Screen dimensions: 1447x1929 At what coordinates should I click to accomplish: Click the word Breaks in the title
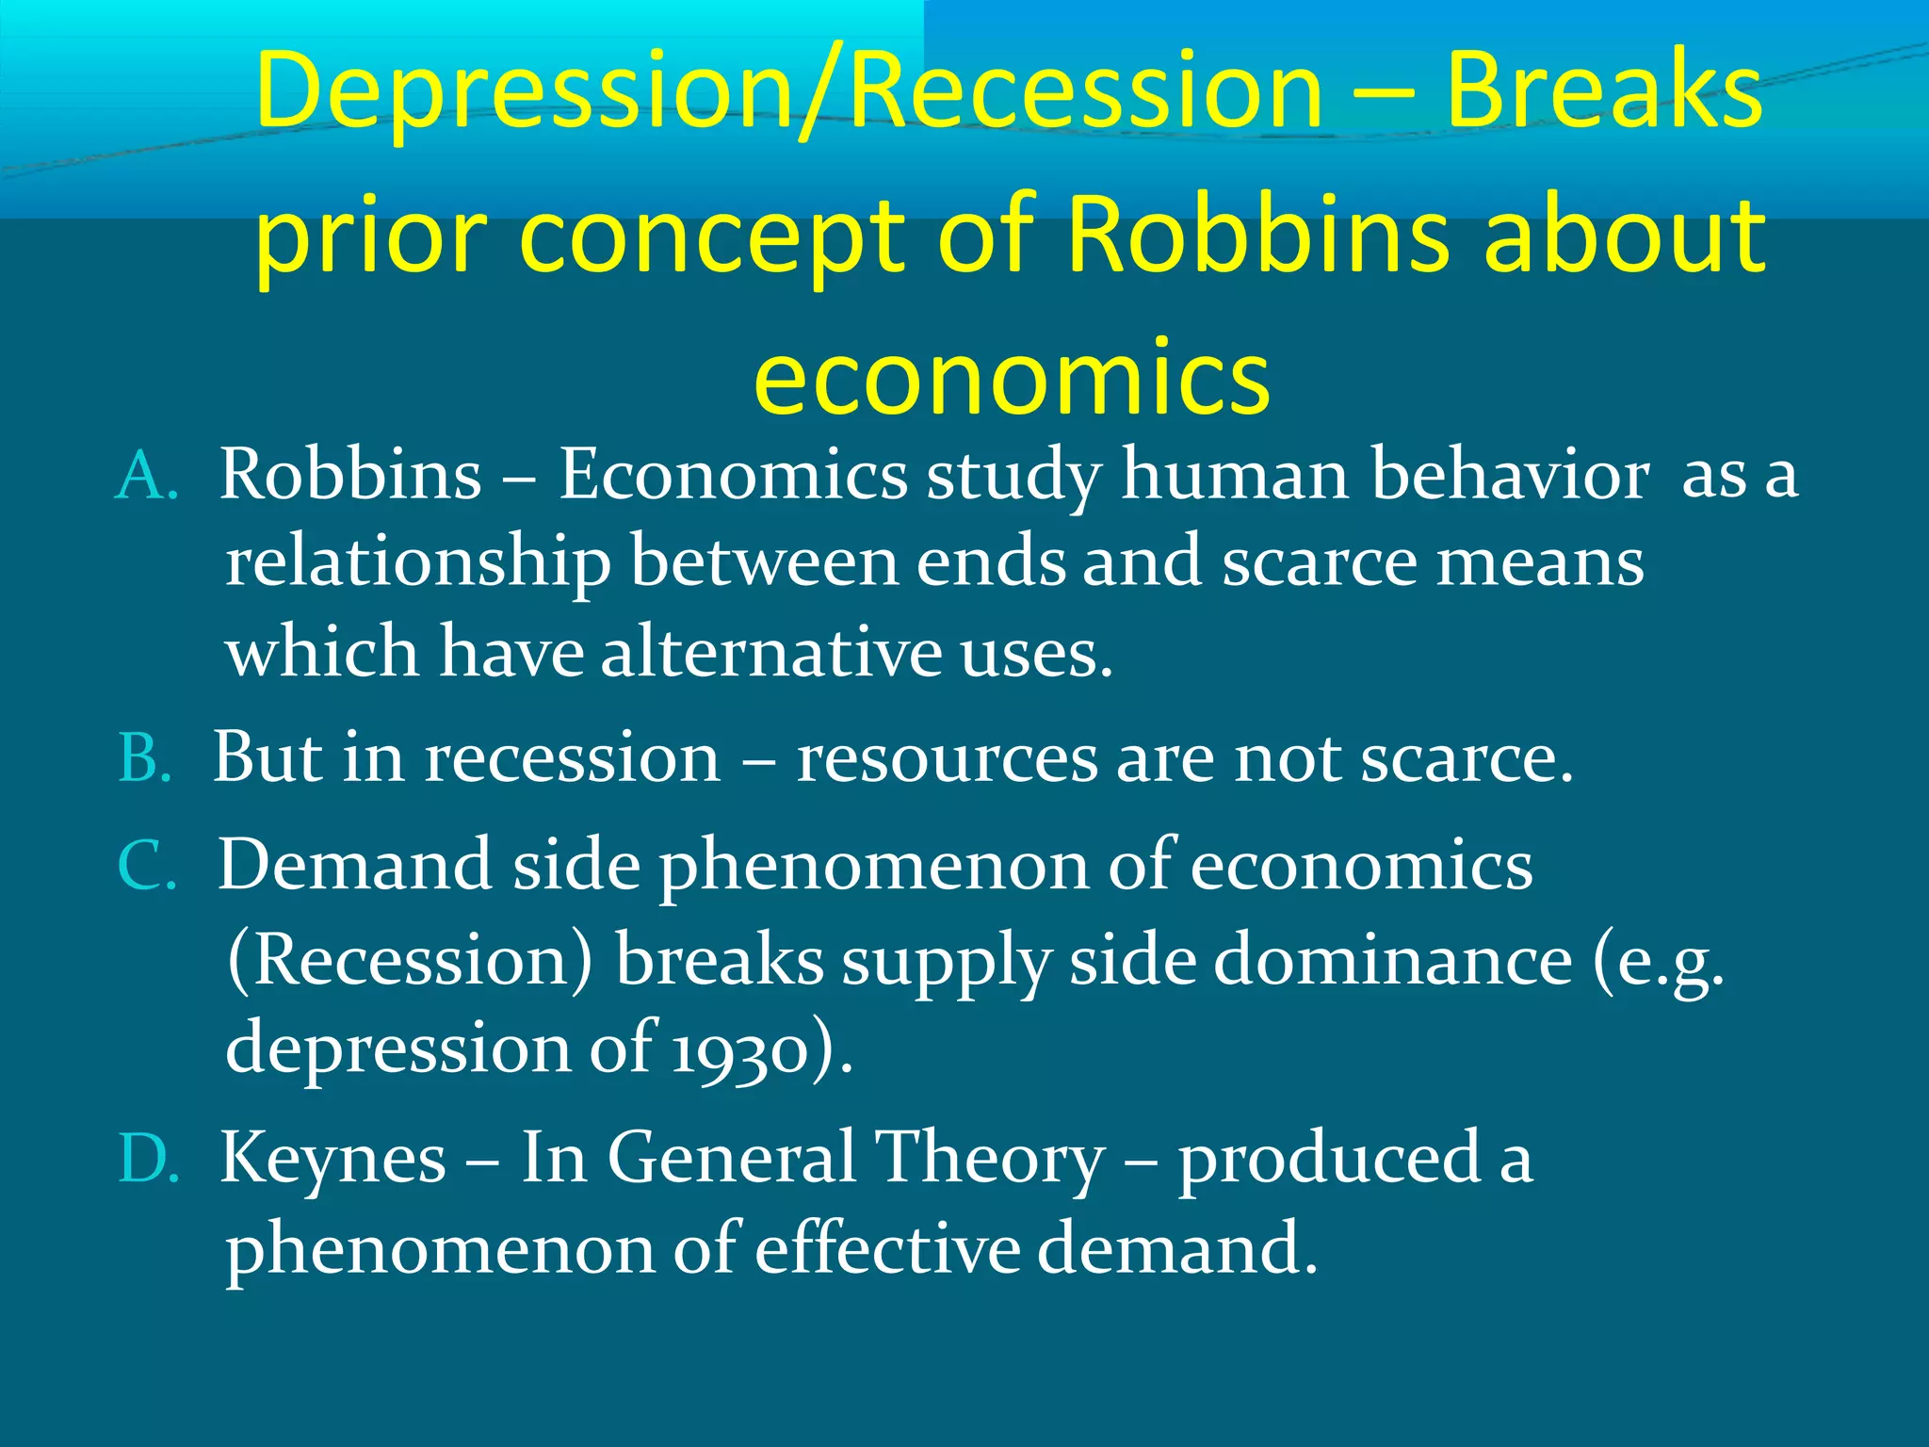pos(1603,91)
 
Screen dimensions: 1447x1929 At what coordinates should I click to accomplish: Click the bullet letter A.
pos(146,477)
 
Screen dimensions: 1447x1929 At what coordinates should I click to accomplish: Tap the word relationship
pos(418,563)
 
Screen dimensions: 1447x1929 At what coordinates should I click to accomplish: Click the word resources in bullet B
pos(947,759)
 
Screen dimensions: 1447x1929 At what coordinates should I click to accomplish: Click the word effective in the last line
pos(887,1248)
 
